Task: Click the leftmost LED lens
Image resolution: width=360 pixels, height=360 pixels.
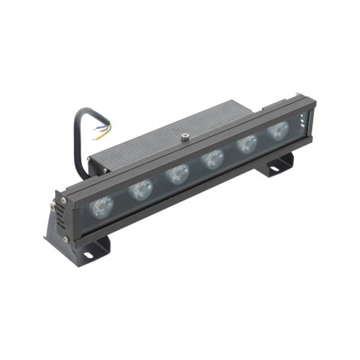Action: click(101, 207)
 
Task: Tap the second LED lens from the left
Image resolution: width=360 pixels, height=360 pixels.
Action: click(141, 190)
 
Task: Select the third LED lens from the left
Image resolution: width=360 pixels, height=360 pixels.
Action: click(177, 173)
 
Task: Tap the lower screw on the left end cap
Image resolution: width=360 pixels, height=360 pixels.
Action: click(63, 237)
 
